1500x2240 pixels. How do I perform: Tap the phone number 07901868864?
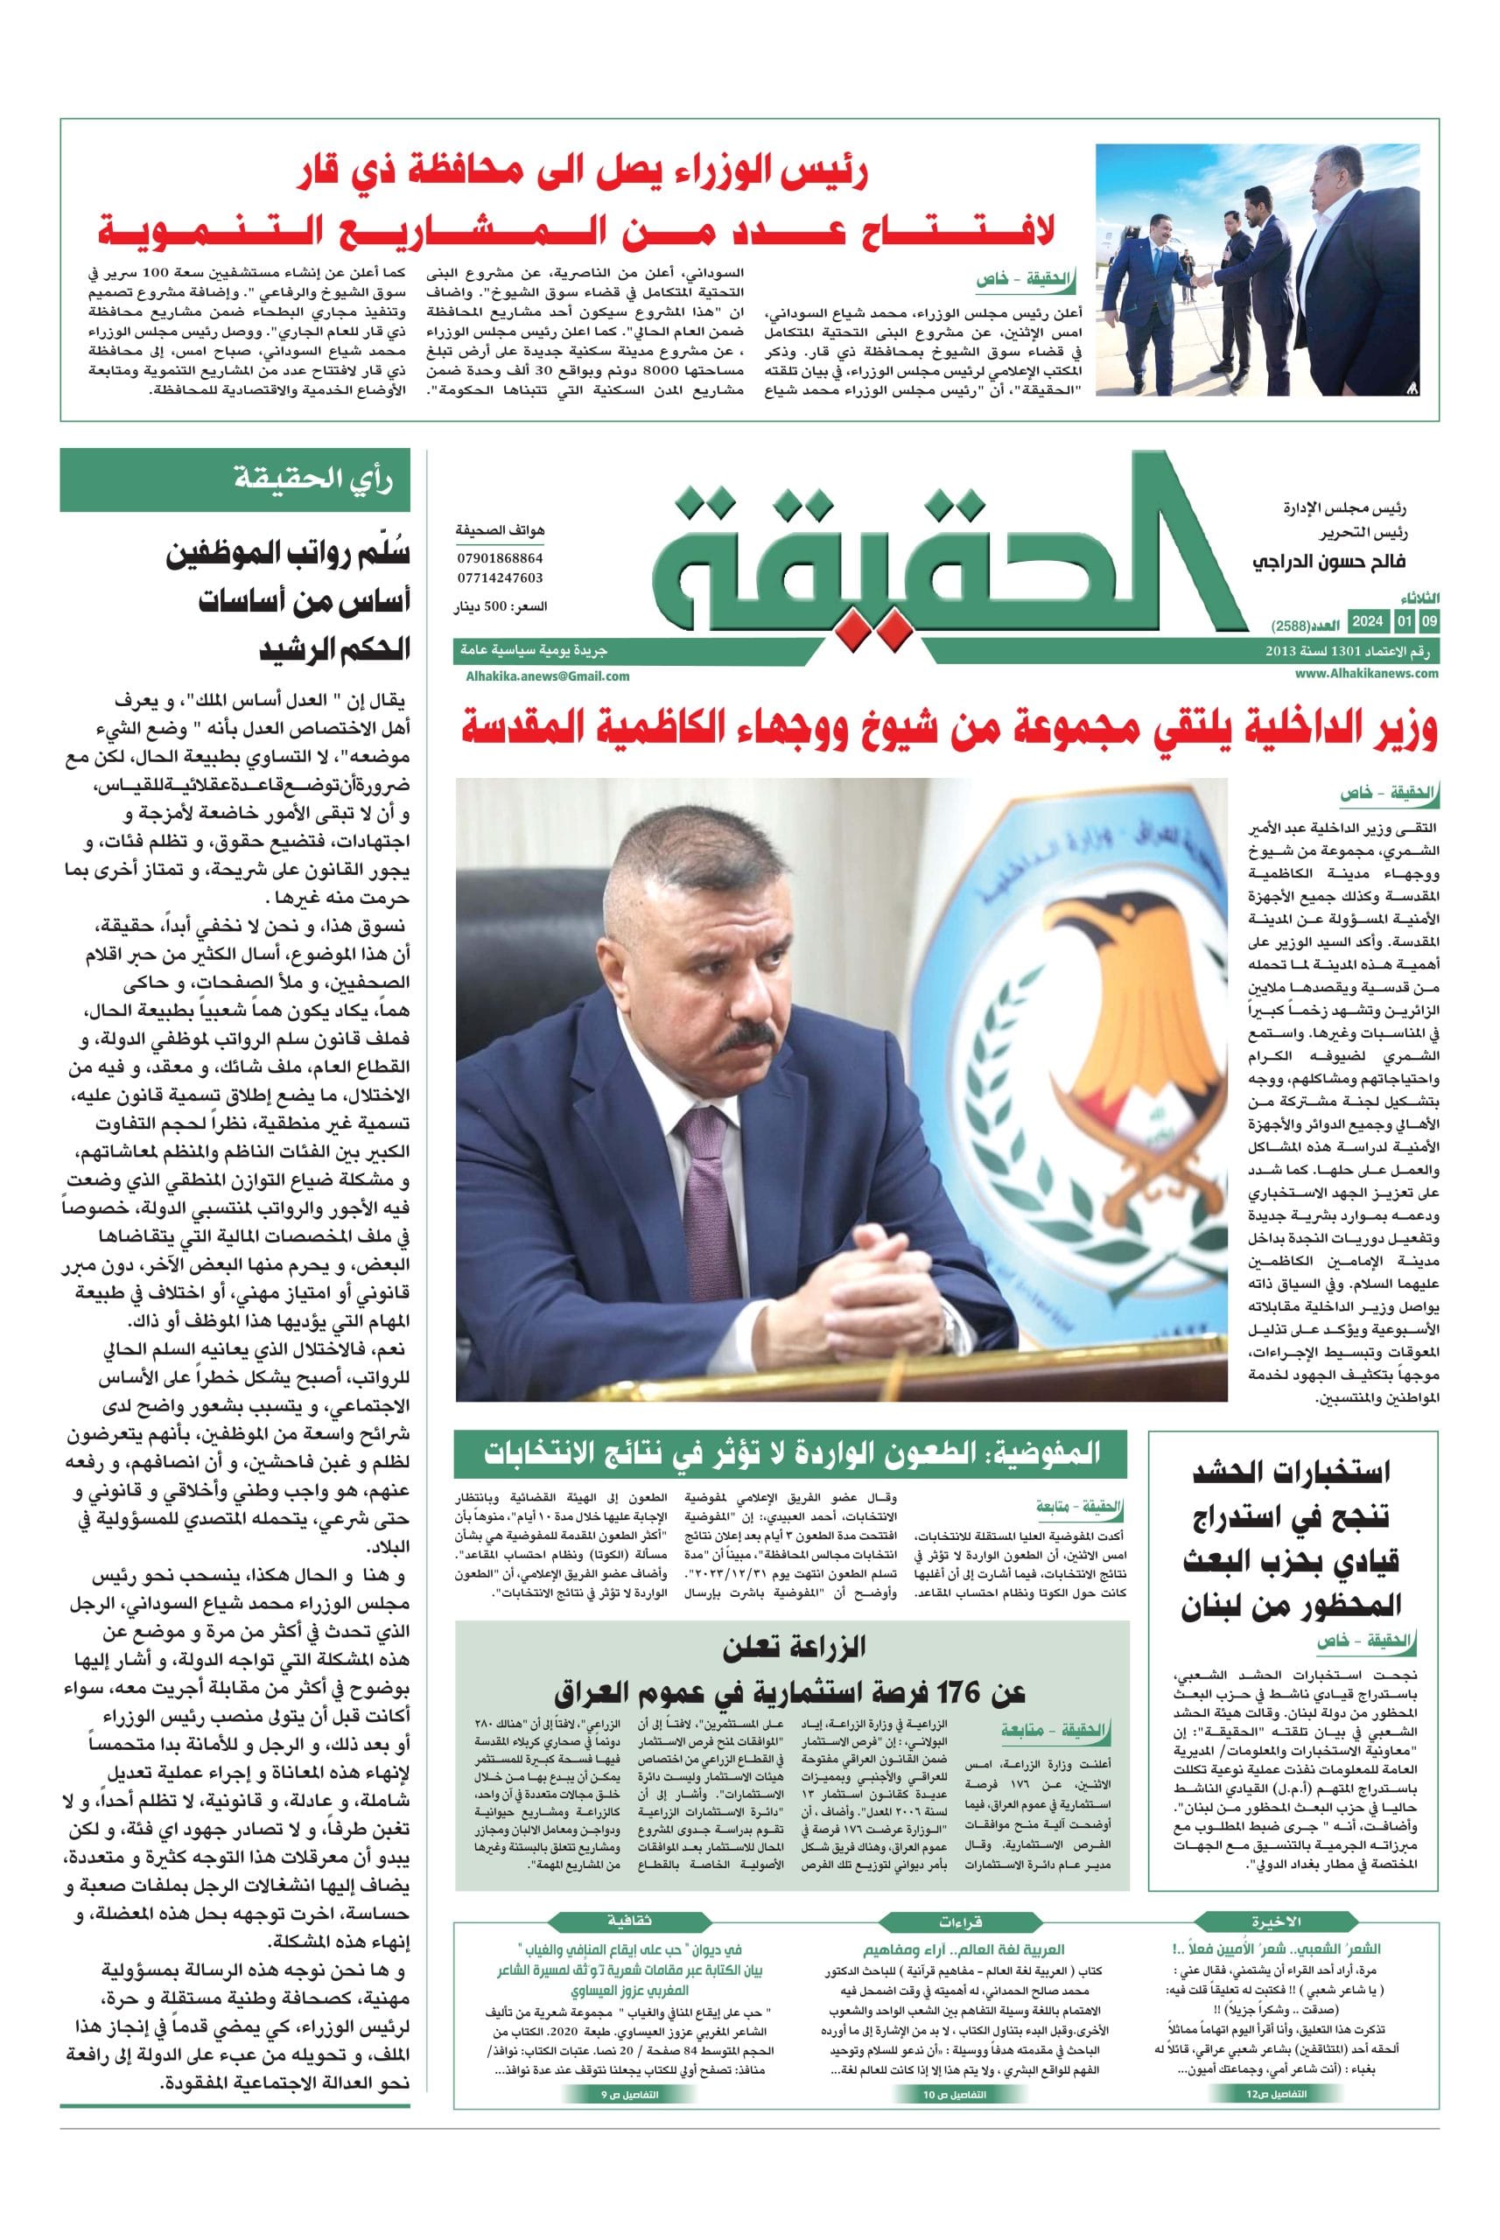point(499,557)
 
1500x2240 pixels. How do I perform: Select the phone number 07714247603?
point(499,577)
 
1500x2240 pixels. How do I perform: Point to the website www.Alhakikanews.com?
point(1367,674)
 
